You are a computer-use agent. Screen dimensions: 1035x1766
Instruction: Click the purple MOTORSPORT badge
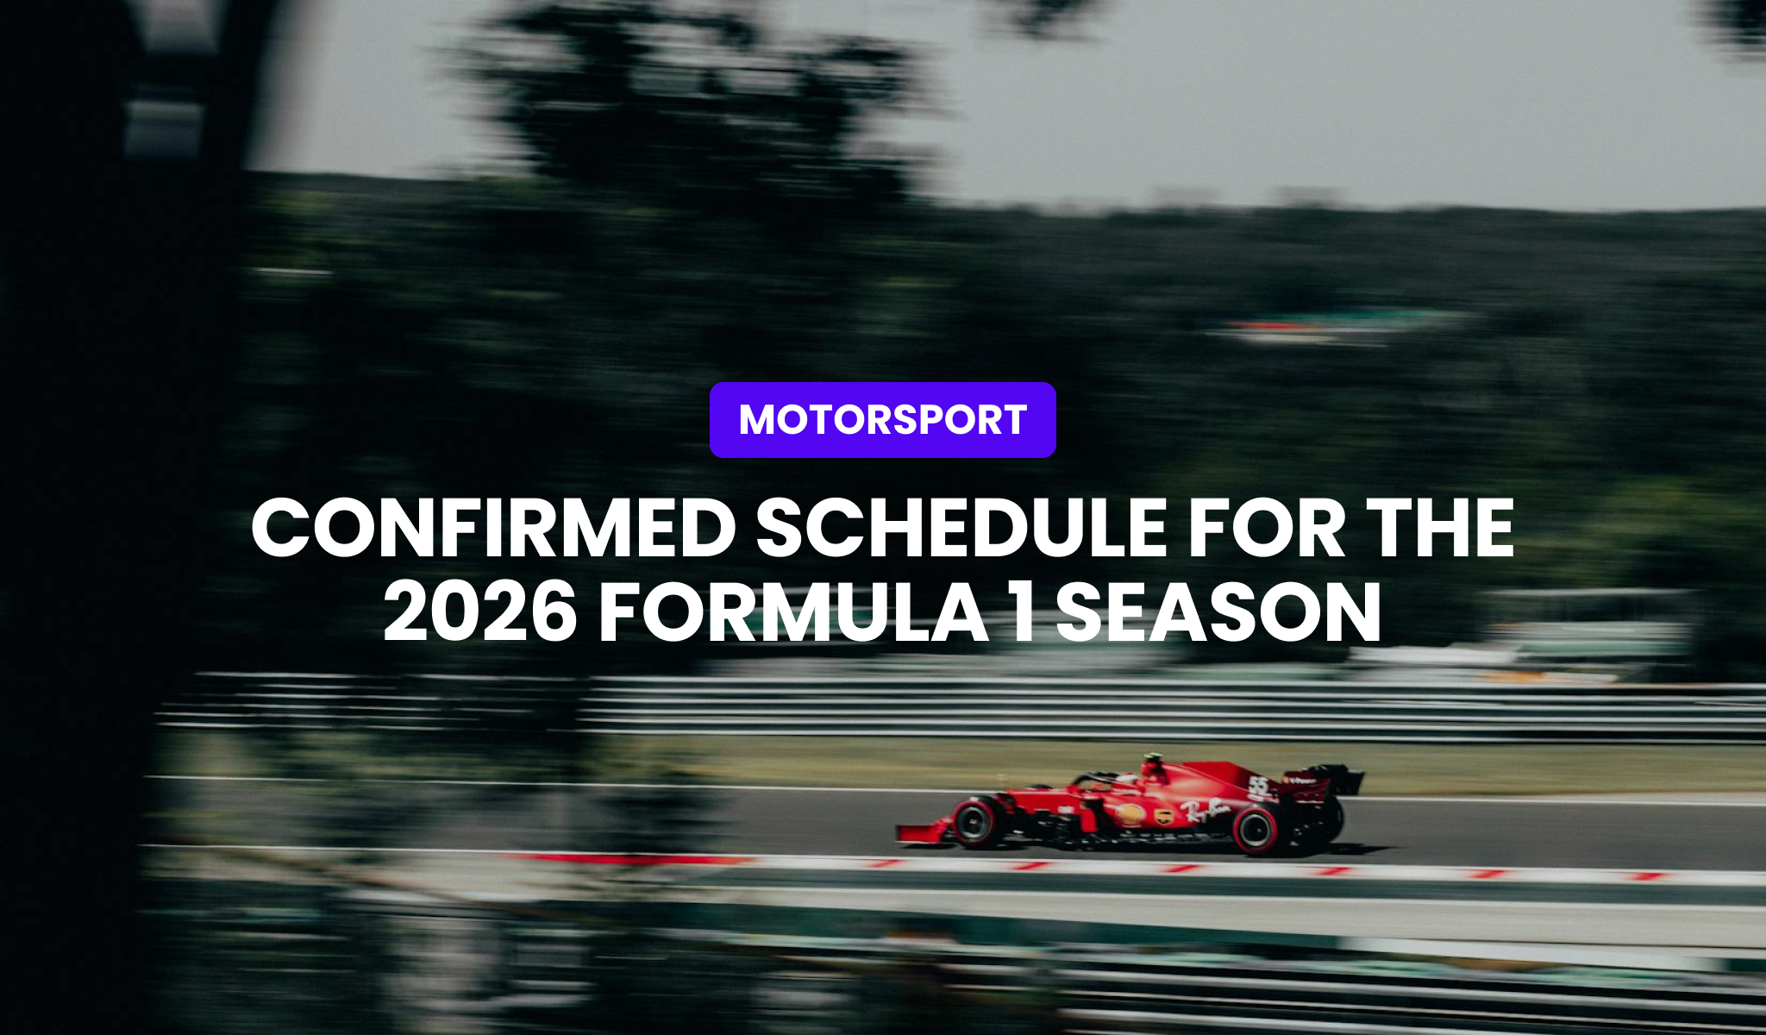click(x=882, y=420)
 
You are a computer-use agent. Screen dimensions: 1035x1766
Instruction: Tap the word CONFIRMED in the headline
click(x=492, y=529)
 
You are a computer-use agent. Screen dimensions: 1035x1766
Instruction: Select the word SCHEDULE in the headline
click(x=961, y=529)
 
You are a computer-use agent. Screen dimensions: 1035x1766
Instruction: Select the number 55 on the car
click(x=1259, y=786)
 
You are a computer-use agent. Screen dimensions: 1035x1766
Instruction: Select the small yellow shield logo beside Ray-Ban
click(x=1164, y=815)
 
